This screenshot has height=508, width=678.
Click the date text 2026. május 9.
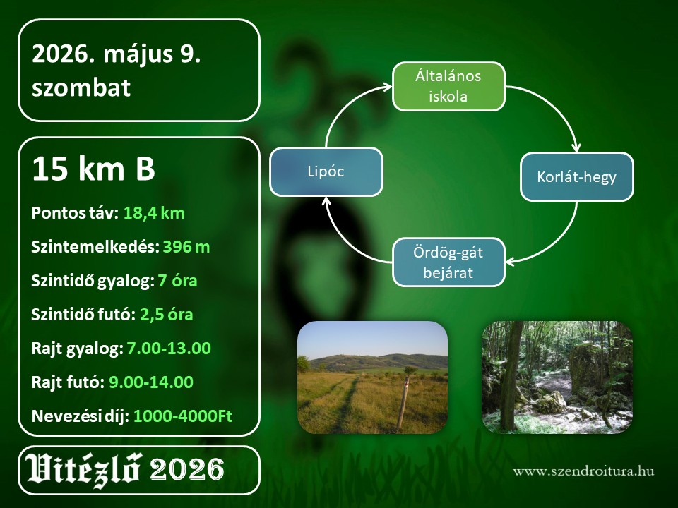pyautogui.click(x=117, y=55)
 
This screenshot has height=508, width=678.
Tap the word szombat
pyautogui.click(x=81, y=87)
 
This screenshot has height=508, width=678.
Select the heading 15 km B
pyautogui.click(x=93, y=168)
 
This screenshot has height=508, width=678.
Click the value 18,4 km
pyautogui.click(x=154, y=213)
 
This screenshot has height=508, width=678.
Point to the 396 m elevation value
pyautogui.click(x=186, y=247)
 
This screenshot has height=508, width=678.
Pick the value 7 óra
pyautogui.click(x=178, y=281)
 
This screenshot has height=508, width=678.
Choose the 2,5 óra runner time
pyautogui.click(x=167, y=315)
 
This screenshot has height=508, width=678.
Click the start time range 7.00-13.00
pyautogui.click(x=169, y=348)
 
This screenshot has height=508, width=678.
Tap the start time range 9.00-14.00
pyautogui.click(x=151, y=382)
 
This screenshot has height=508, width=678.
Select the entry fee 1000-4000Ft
pyautogui.click(x=182, y=416)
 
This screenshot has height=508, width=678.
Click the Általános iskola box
pyautogui.click(x=448, y=86)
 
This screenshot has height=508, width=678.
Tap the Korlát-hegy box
pyautogui.click(x=576, y=176)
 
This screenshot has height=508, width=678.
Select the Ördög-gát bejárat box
pyautogui.click(x=448, y=262)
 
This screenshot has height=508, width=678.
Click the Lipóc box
pyautogui.click(x=326, y=172)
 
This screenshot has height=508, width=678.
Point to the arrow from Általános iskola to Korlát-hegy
pyautogui.click(x=557, y=107)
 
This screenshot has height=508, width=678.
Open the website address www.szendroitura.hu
pyautogui.click(x=583, y=471)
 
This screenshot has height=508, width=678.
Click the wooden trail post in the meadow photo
pyautogui.click(x=403, y=403)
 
